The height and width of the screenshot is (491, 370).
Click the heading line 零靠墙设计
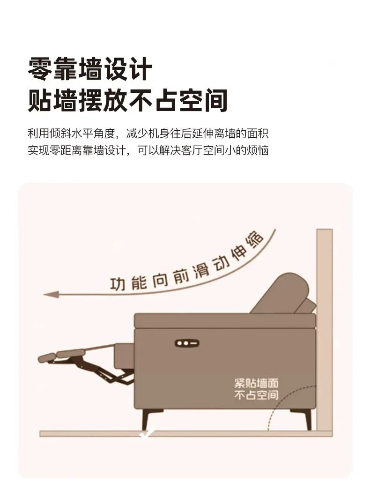coord(90,68)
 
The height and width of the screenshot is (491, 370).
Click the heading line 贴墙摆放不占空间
coord(128,100)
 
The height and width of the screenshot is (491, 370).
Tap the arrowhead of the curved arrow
coord(51,295)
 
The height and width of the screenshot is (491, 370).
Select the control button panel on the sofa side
coord(186,343)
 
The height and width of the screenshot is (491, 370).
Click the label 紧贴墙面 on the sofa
coord(256,383)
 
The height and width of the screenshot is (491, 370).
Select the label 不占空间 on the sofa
coord(256,395)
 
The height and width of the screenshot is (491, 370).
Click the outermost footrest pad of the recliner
coord(47,358)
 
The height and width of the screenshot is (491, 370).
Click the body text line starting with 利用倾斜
coord(148,134)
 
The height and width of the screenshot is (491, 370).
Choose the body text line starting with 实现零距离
coord(148,150)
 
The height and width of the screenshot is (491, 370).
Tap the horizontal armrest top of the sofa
coord(225,320)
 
